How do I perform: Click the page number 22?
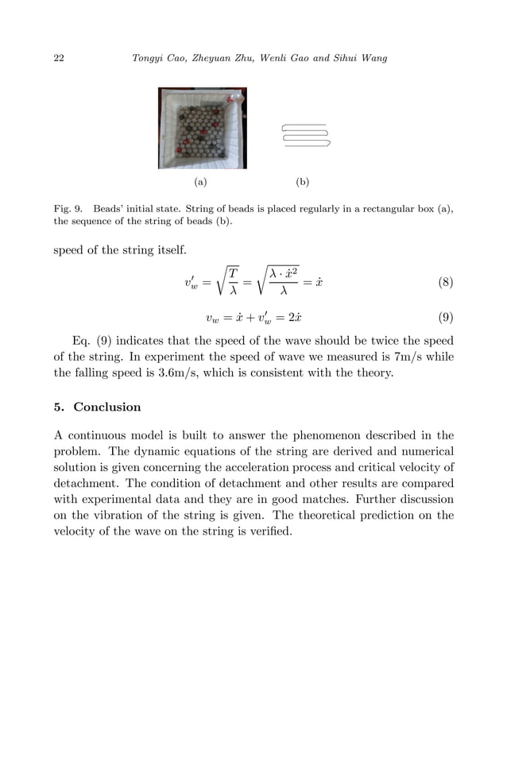coord(59,59)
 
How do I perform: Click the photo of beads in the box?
coord(202,128)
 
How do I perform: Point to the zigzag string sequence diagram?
coord(305,135)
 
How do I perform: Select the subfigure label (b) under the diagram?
coord(303,182)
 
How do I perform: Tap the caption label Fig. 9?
coord(66,208)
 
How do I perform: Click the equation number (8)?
coord(446,282)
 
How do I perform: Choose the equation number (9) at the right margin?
coord(446,319)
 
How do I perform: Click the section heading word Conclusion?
coord(107,407)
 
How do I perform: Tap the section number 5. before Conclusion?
coord(59,407)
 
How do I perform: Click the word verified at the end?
coord(269,531)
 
